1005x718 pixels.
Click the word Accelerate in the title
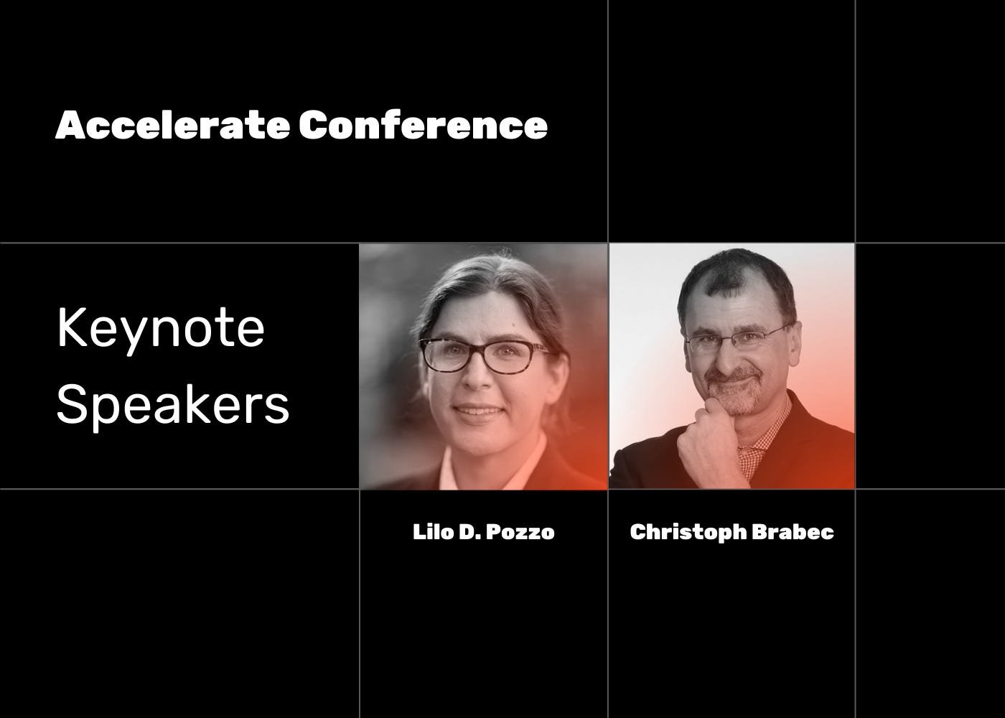173,126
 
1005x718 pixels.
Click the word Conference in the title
424,126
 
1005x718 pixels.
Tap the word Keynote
161,329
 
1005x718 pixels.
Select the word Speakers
173,406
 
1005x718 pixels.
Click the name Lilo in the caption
431,532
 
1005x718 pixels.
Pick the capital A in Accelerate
68,126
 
